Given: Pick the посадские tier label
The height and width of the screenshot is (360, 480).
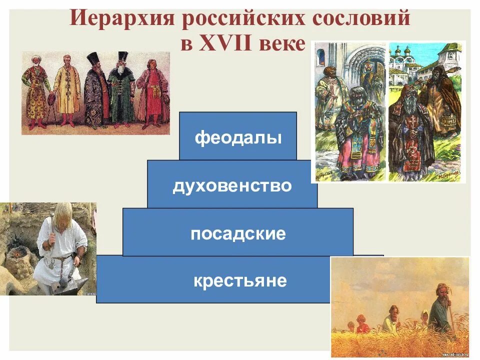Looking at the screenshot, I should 238,233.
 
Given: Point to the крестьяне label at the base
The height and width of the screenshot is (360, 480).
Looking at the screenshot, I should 240,280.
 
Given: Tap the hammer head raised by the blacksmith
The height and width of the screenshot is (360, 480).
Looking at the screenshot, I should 51,216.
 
